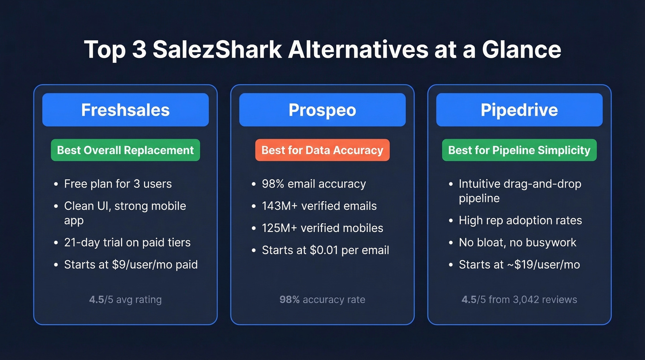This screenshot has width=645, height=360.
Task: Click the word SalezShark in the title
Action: [217, 49]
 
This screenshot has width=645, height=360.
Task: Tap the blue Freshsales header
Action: [125, 110]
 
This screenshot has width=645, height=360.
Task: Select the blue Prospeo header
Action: [322, 110]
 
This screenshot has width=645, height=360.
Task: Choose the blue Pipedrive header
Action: [519, 110]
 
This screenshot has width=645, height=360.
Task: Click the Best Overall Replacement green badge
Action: [125, 150]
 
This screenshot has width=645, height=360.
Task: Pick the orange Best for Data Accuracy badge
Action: [322, 150]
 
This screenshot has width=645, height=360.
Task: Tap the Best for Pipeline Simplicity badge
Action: [519, 150]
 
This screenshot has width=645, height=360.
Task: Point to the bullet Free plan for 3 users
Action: [117, 184]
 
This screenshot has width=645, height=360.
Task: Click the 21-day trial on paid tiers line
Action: [127, 242]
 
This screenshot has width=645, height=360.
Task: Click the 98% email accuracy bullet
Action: [314, 184]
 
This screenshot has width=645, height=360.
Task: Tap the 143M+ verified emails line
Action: [319, 206]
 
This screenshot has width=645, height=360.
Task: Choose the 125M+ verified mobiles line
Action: [322, 228]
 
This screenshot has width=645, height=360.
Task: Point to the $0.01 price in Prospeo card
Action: [325, 250]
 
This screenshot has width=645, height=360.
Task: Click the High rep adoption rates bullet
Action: [520, 220]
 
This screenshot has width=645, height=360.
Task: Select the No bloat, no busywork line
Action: [517, 242]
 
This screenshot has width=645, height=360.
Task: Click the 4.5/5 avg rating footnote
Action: [125, 300]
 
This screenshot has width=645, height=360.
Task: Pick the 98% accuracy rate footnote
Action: [322, 300]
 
